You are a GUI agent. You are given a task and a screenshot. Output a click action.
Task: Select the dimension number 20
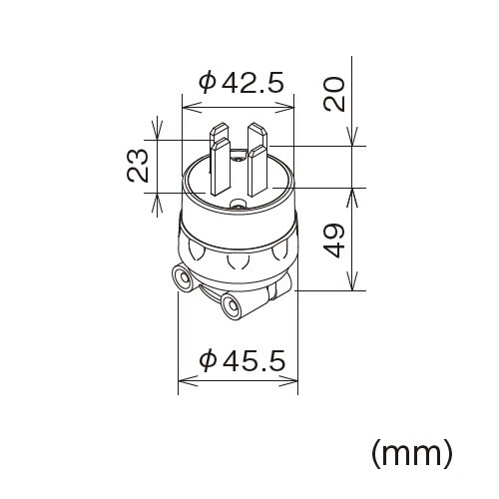click(336, 93)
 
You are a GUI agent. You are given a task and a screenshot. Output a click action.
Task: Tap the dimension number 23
click(140, 165)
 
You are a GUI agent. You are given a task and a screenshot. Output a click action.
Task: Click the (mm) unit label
click(412, 453)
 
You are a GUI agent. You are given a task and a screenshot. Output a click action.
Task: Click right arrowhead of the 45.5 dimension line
click(294, 379)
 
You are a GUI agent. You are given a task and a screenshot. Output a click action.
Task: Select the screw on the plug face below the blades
click(238, 206)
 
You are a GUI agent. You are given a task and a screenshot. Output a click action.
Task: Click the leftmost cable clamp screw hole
click(182, 279)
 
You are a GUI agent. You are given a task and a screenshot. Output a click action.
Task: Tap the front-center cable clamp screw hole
click(232, 306)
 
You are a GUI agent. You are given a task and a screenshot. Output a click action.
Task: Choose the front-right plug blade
click(257, 170)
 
